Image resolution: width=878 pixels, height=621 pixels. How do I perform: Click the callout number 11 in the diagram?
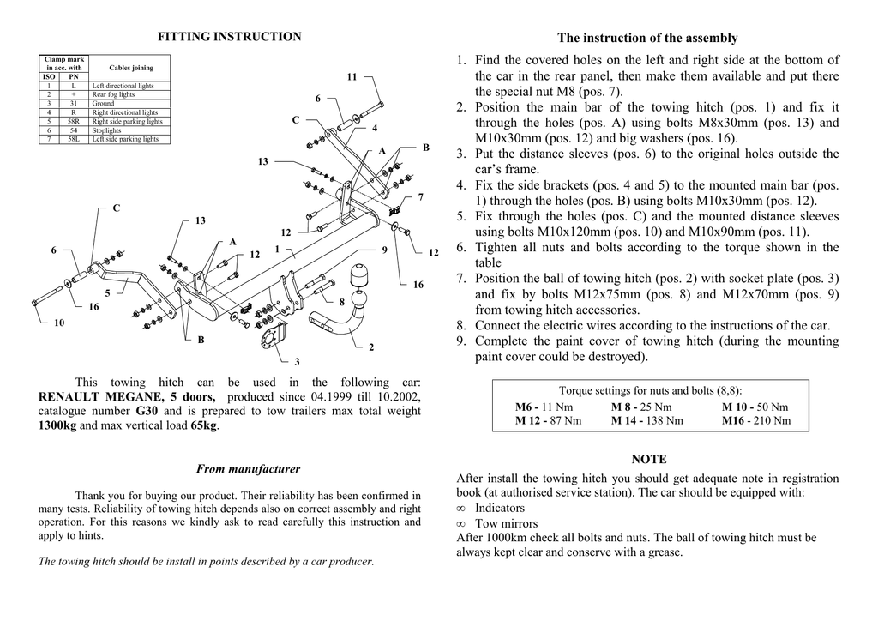pos(352,77)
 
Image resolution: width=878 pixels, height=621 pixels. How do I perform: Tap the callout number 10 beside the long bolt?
pos(59,323)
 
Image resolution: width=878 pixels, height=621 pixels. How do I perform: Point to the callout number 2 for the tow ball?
pos(371,347)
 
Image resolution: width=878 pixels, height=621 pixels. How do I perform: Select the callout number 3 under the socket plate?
pos(297,362)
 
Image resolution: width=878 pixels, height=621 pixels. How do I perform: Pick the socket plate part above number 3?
pos(276,337)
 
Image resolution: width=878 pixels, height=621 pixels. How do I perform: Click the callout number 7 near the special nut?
pos(420,197)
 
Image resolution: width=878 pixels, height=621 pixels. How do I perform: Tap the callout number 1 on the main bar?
pos(277,249)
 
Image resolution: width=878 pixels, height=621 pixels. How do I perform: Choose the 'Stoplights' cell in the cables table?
pos(107,130)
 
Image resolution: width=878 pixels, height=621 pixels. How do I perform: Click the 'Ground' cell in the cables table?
pos(103,104)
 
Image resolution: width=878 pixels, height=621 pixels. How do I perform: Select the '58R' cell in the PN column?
pos(74,122)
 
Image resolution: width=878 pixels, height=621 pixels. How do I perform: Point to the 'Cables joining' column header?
pos(131,68)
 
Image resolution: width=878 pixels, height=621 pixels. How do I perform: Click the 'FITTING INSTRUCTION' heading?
pos(230,37)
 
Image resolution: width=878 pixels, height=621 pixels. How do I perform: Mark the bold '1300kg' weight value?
pos(57,425)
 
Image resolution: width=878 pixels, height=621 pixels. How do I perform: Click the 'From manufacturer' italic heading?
pos(248,469)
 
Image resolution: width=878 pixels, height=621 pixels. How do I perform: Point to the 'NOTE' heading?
pos(648,460)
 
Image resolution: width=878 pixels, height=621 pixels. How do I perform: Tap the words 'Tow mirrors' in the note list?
pos(507,523)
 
